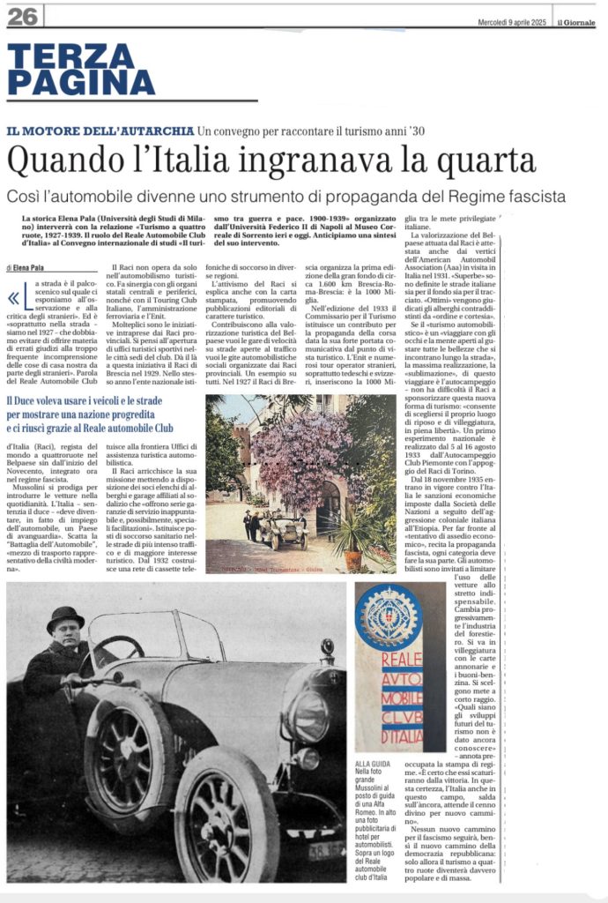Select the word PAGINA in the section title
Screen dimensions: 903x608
point(81,82)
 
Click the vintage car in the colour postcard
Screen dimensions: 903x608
point(279,527)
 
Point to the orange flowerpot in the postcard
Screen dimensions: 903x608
point(352,560)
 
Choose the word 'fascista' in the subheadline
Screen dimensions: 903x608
point(530,196)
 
